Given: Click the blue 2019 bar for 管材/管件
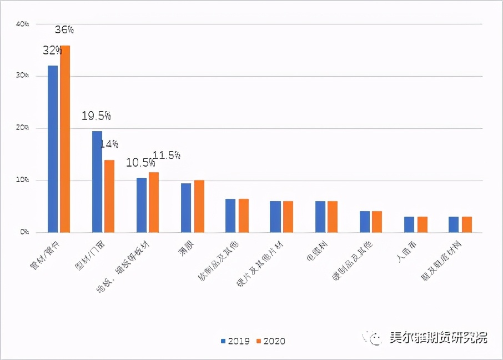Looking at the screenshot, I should click(x=53, y=149).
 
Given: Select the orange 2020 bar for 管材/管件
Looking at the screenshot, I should click(x=65, y=139).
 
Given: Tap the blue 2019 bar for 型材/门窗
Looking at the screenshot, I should click(x=97, y=182).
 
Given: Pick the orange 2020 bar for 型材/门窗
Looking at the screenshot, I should click(x=109, y=196).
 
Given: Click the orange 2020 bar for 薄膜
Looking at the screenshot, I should click(x=198, y=206).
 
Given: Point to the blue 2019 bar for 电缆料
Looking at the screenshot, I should click(x=320, y=217).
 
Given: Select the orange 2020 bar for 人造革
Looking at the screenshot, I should click(x=422, y=224).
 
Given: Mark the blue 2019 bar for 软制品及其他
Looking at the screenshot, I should click(x=230, y=216).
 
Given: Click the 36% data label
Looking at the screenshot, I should click(x=64, y=30).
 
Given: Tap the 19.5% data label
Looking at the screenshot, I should click(x=97, y=116).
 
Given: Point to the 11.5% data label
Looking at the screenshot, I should click(x=166, y=156).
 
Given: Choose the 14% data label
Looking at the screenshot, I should click(x=109, y=144).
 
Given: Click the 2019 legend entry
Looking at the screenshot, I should click(x=236, y=341).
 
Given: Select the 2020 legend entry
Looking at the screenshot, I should click(x=271, y=341).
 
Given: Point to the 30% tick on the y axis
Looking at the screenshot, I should click(x=22, y=76).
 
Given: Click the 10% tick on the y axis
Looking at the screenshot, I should click(x=22, y=181).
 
